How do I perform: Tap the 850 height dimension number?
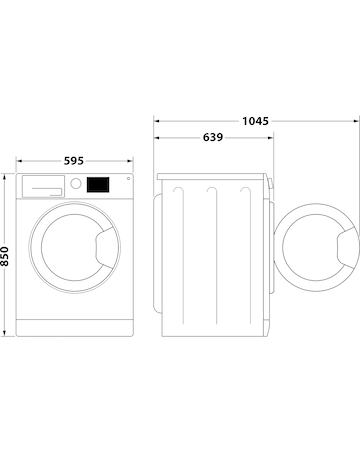point(6,257)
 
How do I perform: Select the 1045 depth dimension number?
point(255,121)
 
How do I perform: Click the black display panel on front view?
point(97,185)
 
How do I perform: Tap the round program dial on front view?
point(74,184)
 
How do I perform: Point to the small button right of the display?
point(126,181)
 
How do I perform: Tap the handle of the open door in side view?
point(345,246)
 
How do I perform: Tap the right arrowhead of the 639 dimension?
point(273,137)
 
